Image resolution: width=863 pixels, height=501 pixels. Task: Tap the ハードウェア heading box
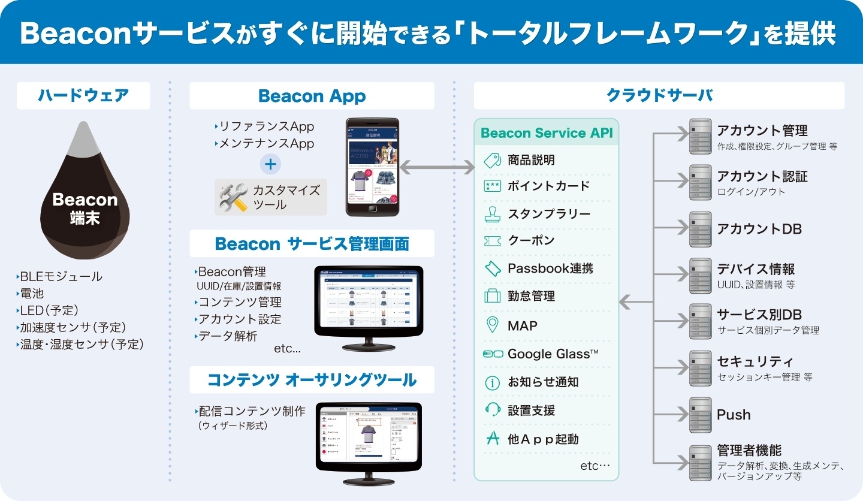pyautogui.click(x=83, y=96)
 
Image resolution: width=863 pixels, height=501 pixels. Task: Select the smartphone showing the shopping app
pyautogui.click(x=372, y=167)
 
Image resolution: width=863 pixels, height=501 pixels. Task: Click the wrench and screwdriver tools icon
pyautogui.click(x=234, y=197)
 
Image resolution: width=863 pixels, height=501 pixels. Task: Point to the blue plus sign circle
pyautogui.click(x=270, y=164)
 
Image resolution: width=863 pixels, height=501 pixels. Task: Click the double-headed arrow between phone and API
pyautogui.click(x=437, y=168)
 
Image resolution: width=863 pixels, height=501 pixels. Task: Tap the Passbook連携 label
pyautogui.click(x=550, y=268)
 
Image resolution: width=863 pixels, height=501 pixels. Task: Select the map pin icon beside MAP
pyautogui.click(x=492, y=325)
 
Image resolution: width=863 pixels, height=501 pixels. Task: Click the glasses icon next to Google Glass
pyautogui.click(x=493, y=354)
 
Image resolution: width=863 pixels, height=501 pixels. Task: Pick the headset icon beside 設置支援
pyautogui.click(x=492, y=410)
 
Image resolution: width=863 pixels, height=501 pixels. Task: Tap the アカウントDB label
pyautogui.click(x=759, y=229)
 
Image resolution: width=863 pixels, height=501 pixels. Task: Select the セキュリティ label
pyautogui.click(x=755, y=361)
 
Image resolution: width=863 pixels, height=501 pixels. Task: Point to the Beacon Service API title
pyautogui.click(x=547, y=133)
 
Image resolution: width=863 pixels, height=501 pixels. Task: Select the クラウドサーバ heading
pyautogui.click(x=659, y=96)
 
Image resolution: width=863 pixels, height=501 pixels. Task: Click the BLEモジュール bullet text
pyautogui.click(x=61, y=276)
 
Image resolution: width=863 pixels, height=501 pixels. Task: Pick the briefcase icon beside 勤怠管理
pyautogui.click(x=492, y=296)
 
